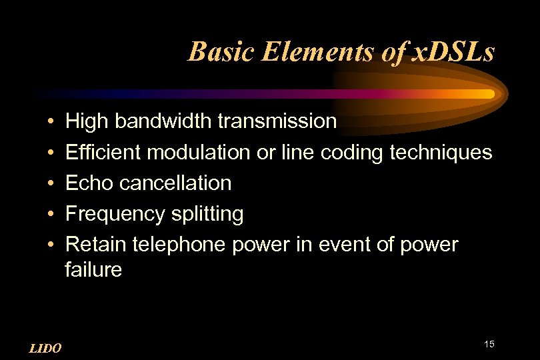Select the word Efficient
point(103,152)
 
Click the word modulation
point(199,152)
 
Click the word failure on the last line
point(93,270)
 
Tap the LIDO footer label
point(46,348)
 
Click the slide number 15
point(489,344)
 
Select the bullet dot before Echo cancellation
point(51,184)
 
